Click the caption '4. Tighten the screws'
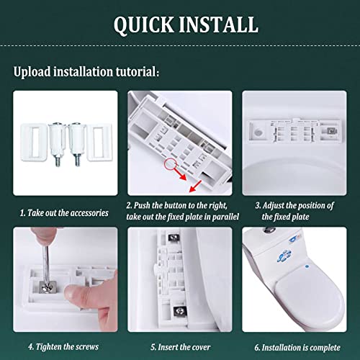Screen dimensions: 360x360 pos(54,346)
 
